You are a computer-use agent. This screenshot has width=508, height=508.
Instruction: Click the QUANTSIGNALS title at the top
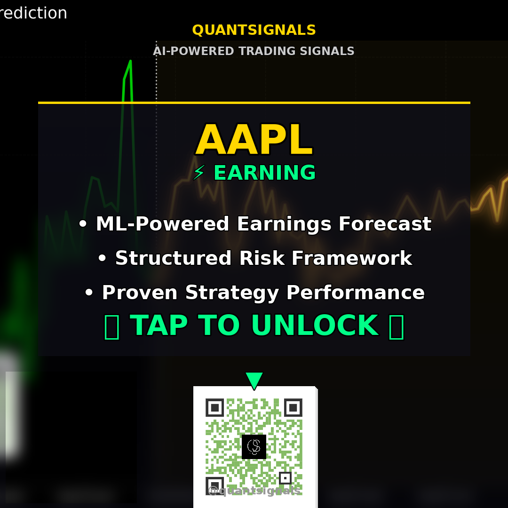254,30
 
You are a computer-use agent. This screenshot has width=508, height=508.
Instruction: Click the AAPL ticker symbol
254,140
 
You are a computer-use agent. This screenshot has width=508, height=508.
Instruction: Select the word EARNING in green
264,173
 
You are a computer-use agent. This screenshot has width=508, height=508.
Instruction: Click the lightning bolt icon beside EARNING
199,173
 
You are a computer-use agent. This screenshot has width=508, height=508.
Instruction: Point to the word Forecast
384,224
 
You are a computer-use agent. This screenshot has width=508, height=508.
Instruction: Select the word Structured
174,258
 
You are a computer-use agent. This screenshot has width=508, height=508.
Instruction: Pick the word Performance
355,293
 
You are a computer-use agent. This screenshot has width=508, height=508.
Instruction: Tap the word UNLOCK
315,325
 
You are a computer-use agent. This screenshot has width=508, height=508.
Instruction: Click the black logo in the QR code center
254,446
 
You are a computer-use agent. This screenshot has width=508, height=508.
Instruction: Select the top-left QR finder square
214,407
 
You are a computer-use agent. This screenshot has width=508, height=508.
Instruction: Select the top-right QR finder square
293,407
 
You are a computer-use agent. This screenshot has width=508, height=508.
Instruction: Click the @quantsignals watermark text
254,491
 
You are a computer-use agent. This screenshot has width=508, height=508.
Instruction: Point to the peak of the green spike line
130,61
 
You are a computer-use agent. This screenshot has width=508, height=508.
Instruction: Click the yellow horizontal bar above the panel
254,102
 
